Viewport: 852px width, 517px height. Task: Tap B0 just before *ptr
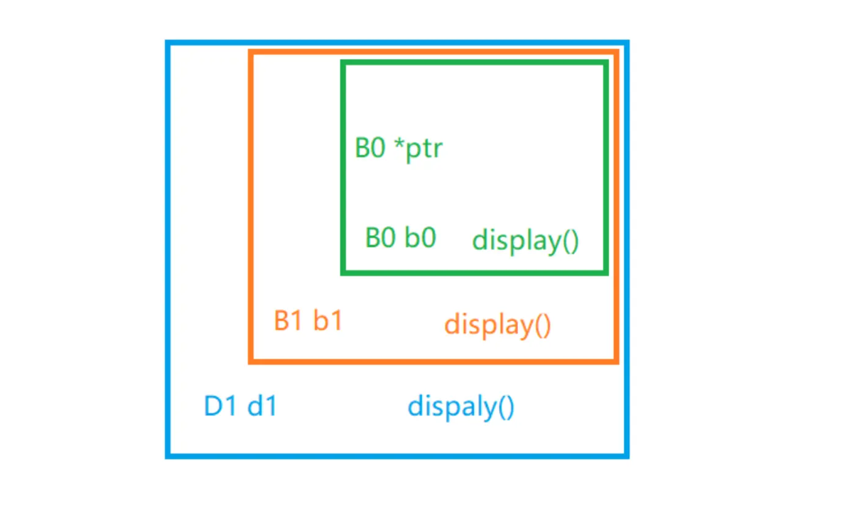point(370,148)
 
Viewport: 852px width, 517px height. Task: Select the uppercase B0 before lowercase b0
point(381,237)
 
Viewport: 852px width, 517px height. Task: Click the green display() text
point(526,241)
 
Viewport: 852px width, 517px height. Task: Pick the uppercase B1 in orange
point(289,321)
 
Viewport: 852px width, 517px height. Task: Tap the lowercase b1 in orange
point(328,321)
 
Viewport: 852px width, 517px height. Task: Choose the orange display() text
point(497,325)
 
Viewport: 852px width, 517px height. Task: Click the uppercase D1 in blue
point(220,407)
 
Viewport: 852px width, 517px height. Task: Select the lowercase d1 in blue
point(261,407)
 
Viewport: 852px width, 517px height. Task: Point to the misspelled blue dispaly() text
point(461,408)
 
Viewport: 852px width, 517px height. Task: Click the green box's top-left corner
point(343,63)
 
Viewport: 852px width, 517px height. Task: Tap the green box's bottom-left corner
point(343,272)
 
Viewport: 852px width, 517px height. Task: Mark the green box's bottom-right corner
point(606,272)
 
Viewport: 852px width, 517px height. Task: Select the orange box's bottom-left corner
point(250,362)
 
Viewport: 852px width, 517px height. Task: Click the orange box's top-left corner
point(250,51)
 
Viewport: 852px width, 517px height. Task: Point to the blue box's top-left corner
point(168,43)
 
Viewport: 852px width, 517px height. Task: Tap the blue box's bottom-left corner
point(168,456)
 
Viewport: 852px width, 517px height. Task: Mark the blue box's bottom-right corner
point(627,456)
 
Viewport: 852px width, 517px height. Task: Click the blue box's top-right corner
point(627,43)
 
